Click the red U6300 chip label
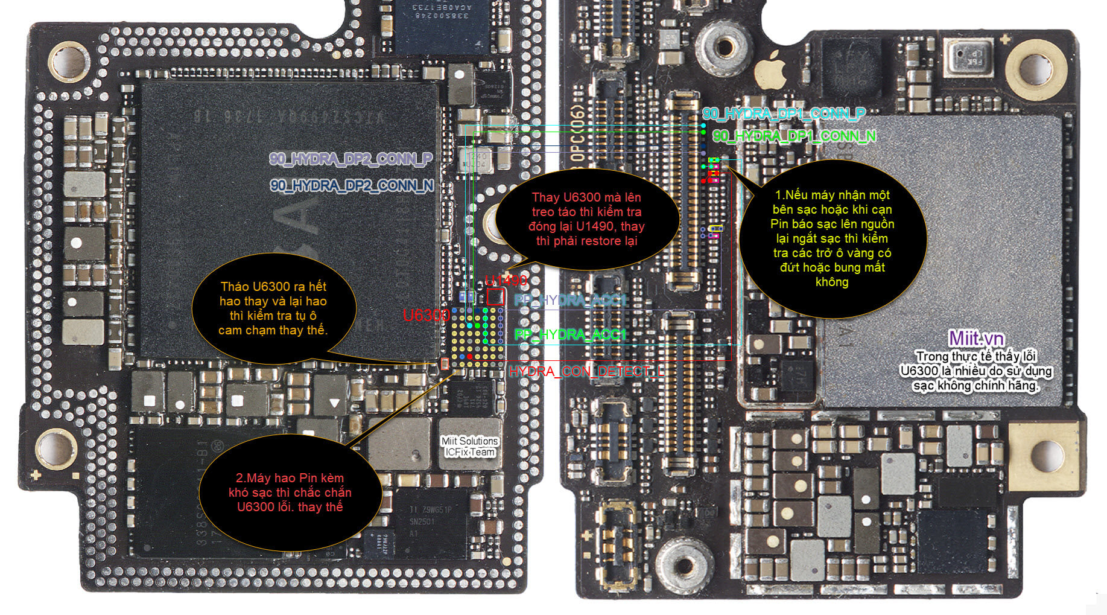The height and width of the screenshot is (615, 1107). [426, 315]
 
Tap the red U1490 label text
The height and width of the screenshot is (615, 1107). [506, 280]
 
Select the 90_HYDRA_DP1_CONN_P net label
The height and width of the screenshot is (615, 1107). [784, 113]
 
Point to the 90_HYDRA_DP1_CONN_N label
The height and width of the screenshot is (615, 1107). [794, 136]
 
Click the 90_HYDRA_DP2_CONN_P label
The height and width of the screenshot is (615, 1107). [350, 159]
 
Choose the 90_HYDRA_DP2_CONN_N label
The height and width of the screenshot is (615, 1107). [352, 185]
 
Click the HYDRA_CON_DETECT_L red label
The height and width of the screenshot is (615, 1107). [586, 371]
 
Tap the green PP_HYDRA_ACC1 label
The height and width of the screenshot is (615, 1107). [570, 334]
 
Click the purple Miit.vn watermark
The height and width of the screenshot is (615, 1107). [975, 338]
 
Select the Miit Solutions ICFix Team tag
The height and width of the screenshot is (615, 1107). [470, 447]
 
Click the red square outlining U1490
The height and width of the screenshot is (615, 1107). [495, 296]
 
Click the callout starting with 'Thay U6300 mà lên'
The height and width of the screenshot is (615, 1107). [586, 218]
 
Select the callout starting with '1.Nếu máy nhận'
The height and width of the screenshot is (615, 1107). [832, 238]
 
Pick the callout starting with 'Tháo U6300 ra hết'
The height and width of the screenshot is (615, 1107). [273, 308]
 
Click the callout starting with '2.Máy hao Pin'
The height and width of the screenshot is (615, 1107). [290, 492]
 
